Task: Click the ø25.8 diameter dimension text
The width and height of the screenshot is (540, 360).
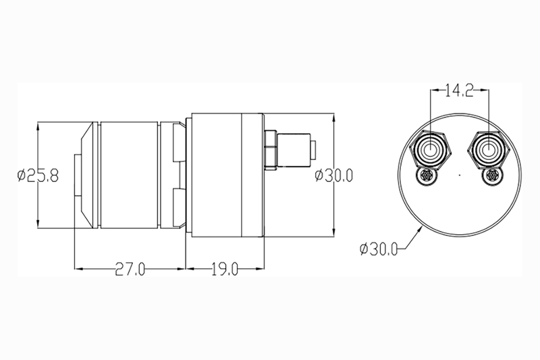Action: tap(38, 176)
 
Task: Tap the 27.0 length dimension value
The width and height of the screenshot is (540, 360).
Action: tap(130, 269)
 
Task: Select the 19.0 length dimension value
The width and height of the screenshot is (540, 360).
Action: tap(225, 269)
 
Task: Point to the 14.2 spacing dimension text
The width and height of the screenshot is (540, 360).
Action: tap(460, 91)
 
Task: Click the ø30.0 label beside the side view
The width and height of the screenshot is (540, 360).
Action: tap(333, 176)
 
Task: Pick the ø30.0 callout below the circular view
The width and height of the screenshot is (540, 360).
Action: tap(379, 249)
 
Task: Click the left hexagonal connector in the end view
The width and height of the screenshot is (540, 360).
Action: tap(430, 150)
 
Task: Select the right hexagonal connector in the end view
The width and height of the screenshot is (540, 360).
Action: tap(487, 150)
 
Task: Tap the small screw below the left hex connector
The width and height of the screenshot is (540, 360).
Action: tap(427, 176)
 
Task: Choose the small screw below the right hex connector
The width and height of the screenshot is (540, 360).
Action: tap(492, 176)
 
